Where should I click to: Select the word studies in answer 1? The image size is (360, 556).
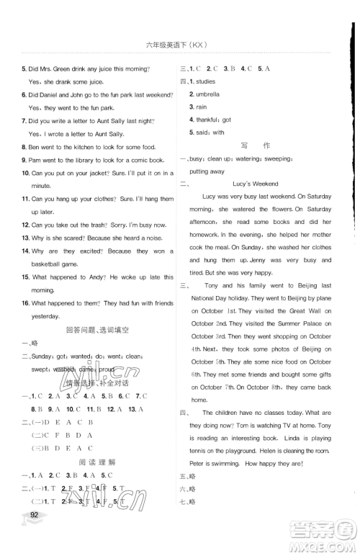pos(210,81)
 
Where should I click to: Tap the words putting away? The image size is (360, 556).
pos(207,171)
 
